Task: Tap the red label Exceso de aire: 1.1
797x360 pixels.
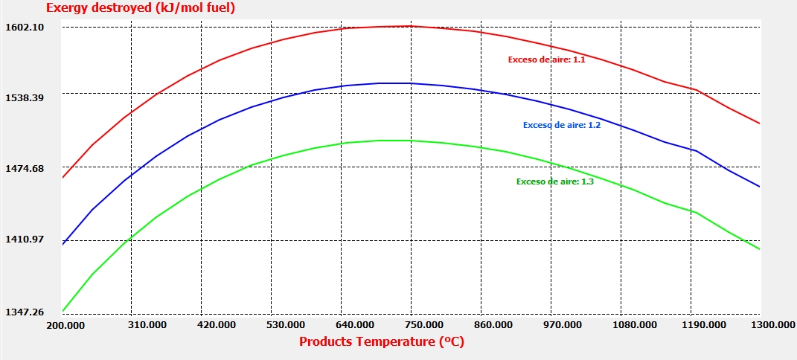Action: [546, 60]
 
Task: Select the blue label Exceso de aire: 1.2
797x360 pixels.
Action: [562, 125]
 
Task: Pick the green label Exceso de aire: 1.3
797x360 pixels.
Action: [555, 181]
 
